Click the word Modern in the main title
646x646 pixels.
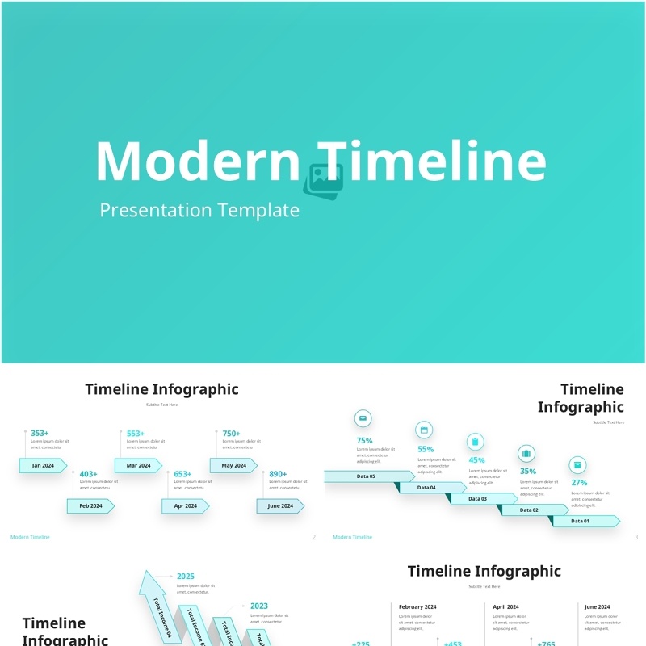coord(198,161)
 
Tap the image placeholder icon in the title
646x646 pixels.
coord(323,180)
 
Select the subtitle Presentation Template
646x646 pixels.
coord(199,211)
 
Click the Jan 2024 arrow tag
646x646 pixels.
coord(43,465)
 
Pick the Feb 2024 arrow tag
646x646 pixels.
coord(90,505)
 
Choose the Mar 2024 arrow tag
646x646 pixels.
coord(138,465)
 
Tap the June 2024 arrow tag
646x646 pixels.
coord(280,505)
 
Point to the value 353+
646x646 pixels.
coord(40,434)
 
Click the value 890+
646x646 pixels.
coord(278,474)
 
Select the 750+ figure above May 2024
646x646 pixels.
coord(231,434)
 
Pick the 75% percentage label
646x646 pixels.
coord(364,441)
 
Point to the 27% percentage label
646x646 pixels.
coord(579,483)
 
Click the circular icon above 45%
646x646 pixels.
coord(476,441)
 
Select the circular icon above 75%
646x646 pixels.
coord(363,418)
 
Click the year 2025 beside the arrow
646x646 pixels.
coord(186,577)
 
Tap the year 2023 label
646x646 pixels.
coord(259,606)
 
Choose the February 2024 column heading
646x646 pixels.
coord(417,606)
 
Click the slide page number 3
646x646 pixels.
coord(636,537)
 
